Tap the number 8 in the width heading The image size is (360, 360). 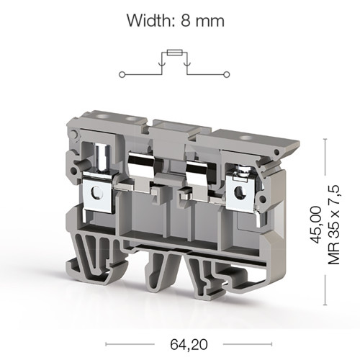(186, 21)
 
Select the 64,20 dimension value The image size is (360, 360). (189, 345)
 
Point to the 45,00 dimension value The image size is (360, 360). (315, 225)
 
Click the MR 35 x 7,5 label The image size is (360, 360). (334, 225)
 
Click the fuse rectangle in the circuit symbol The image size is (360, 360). (175, 53)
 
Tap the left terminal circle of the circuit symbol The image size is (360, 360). (122, 75)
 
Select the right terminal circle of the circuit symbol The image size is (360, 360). (226, 75)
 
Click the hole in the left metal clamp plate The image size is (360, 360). (96, 192)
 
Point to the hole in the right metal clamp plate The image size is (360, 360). (240, 192)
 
